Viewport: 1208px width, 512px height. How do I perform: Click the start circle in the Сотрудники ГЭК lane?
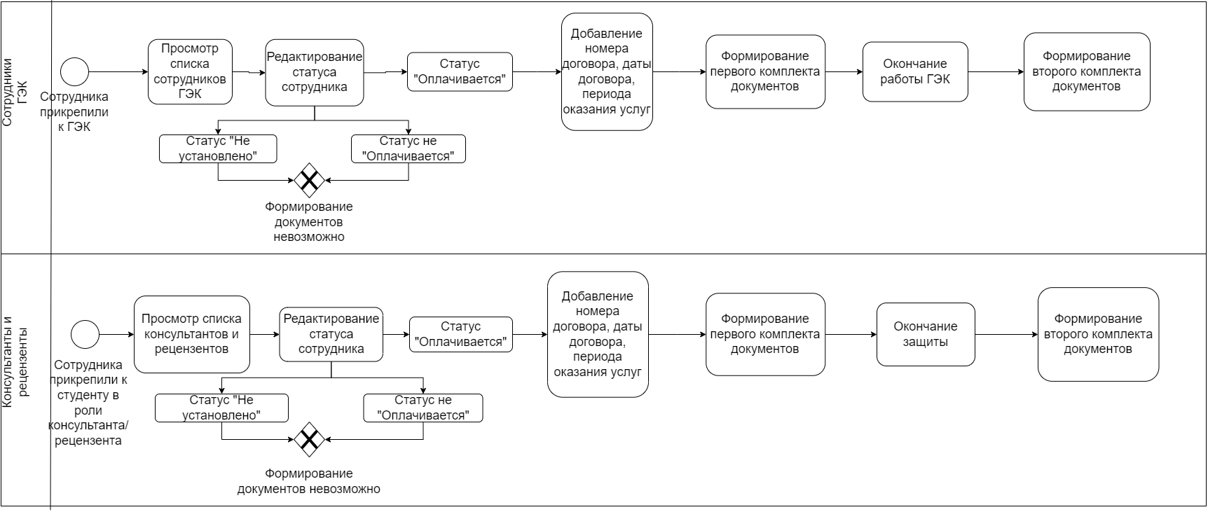click(75, 71)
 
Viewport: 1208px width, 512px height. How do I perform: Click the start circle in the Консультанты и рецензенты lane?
click(85, 334)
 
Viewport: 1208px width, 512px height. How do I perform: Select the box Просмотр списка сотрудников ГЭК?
click(190, 71)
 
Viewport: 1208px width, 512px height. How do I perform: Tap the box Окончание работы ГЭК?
click(915, 71)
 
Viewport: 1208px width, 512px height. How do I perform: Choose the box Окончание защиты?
click(926, 334)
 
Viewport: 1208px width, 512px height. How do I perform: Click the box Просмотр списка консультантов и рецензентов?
click(192, 334)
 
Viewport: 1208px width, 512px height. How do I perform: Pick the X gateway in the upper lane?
click(309, 180)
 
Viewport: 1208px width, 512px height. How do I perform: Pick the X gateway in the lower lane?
click(309, 439)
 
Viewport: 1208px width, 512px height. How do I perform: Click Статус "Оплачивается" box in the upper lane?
click(460, 71)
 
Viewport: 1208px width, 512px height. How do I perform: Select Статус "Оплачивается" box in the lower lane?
click(461, 334)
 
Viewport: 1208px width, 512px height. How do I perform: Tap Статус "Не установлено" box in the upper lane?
click(218, 149)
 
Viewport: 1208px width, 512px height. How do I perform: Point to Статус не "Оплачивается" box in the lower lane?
click(423, 408)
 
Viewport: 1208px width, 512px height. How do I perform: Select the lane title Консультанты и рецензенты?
click(15, 361)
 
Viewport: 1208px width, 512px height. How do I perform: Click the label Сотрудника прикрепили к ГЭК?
click(74, 112)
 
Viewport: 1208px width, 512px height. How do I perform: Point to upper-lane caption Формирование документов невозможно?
click(309, 222)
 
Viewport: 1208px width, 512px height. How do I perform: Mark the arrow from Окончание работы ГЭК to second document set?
click(996, 71)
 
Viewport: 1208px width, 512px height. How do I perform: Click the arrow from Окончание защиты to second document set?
click(1006, 334)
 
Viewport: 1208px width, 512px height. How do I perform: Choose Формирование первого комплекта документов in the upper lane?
click(765, 71)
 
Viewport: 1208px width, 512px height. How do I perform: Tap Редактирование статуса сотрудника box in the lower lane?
click(331, 334)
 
